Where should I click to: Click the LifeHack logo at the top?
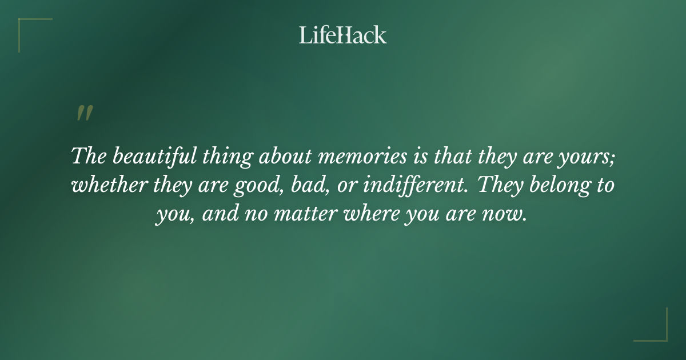pyautogui.click(x=343, y=35)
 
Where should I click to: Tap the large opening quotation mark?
pyautogui.click(x=84, y=113)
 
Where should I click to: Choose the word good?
pyautogui.click(x=257, y=186)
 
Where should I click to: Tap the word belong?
pyautogui.click(x=552, y=186)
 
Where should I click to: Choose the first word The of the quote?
pyautogui.click(x=87, y=156)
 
